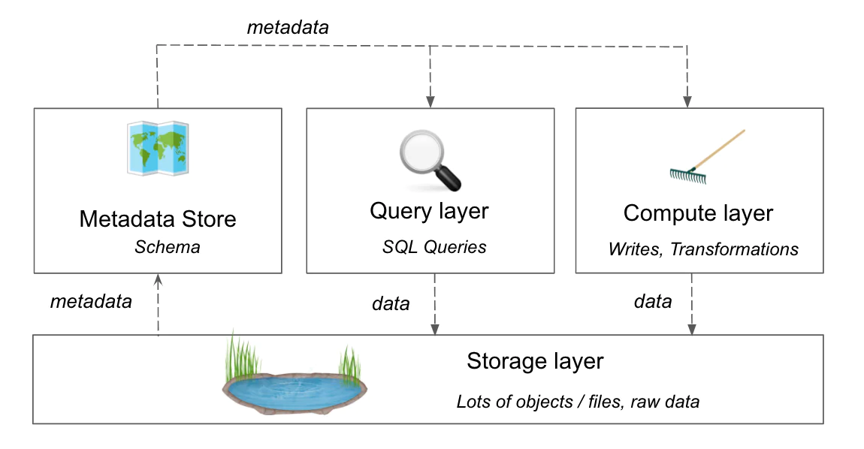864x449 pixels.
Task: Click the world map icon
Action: pos(157,148)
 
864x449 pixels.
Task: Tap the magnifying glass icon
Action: pos(429,160)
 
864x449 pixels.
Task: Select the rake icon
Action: pos(707,156)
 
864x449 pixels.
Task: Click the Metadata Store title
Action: pos(158,219)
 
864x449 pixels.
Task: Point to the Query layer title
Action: pos(429,211)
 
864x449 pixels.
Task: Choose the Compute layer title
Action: pos(698,213)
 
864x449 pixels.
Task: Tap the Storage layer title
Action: pos(535,361)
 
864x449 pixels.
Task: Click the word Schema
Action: pos(168,247)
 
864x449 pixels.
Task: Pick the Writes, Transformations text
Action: pos(703,249)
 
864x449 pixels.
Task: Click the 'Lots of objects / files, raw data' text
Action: pos(578,402)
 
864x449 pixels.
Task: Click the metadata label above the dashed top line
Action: pos(288,27)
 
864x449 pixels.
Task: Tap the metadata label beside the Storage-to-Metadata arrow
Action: pos(91,302)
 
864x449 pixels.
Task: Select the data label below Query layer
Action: pos(391,303)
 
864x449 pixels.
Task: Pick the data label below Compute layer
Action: pos(653,302)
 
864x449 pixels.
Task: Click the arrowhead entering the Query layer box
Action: pos(430,101)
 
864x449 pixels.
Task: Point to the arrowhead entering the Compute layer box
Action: pos(687,101)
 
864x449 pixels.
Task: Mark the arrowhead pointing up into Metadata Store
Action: pos(158,280)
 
